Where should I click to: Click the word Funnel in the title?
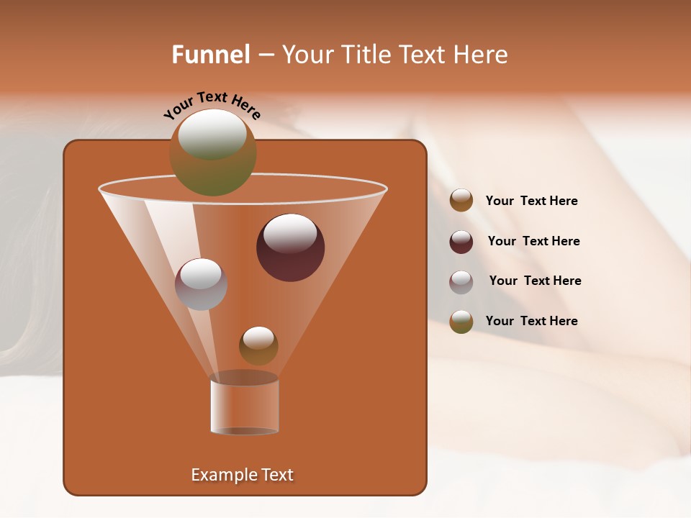[210, 55]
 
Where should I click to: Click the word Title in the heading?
[363, 55]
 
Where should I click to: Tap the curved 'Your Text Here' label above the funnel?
[212, 105]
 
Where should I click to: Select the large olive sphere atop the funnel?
[212, 153]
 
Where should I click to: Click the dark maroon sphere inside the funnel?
[290, 248]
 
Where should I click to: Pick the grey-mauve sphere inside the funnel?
[201, 284]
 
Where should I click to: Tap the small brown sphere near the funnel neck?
[258, 346]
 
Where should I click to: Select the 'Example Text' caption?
[242, 475]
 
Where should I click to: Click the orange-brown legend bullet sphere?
[461, 201]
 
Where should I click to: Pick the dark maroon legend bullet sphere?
[461, 242]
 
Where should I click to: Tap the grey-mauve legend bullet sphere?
[461, 282]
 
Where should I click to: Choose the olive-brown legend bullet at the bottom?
[461, 322]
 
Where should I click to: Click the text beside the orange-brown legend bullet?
[531, 201]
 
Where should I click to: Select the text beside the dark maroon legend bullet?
[533, 242]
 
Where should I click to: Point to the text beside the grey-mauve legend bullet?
[535, 281]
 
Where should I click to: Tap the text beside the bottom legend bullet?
[531, 321]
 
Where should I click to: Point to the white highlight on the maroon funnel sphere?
[290, 233]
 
